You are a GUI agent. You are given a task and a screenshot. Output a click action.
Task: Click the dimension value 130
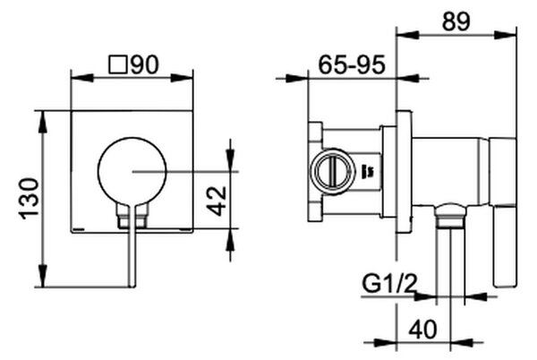(30, 199)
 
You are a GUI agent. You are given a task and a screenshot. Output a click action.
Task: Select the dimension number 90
(145, 64)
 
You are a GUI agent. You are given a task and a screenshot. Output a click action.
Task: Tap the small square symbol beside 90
(118, 64)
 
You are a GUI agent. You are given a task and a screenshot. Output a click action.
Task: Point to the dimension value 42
(217, 201)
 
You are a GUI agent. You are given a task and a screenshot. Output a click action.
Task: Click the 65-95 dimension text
(352, 64)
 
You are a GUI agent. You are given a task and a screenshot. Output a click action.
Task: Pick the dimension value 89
(456, 21)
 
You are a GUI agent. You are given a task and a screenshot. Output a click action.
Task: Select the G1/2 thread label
(390, 284)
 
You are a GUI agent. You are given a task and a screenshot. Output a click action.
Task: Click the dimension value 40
(423, 330)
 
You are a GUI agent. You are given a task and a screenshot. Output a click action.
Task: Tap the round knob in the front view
(132, 172)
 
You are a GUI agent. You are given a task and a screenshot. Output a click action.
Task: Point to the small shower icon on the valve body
(369, 170)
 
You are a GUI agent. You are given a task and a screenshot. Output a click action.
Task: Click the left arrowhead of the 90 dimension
(81, 78)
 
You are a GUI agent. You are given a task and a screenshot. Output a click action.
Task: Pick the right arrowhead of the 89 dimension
(506, 35)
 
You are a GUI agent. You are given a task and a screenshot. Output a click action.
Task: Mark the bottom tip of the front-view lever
(132, 287)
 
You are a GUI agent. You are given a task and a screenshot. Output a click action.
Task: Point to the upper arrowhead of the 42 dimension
(230, 159)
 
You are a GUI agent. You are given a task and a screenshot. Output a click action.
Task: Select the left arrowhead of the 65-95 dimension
(297, 79)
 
